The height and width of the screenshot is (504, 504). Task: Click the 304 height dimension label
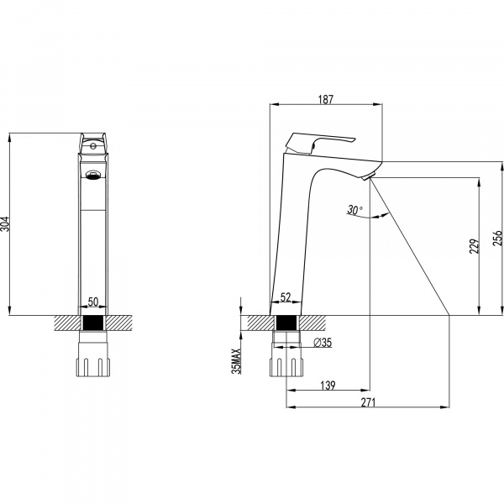tap(8, 224)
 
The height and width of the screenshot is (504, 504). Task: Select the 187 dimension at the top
tap(326, 99)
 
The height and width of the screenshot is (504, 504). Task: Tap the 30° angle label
tap(354, 210)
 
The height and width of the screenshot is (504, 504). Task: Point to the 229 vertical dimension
tap(475, 245)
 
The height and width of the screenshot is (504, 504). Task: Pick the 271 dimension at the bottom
tap(367, 402)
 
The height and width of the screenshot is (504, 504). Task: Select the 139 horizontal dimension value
tap(328, 386)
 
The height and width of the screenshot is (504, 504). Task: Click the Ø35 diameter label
tap(323, 342)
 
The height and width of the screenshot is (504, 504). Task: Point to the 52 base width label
tap(285, 298)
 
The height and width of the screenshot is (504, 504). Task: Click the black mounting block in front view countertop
tap(92, 323)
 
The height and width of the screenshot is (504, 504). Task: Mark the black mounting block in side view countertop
tap(286, 323)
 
